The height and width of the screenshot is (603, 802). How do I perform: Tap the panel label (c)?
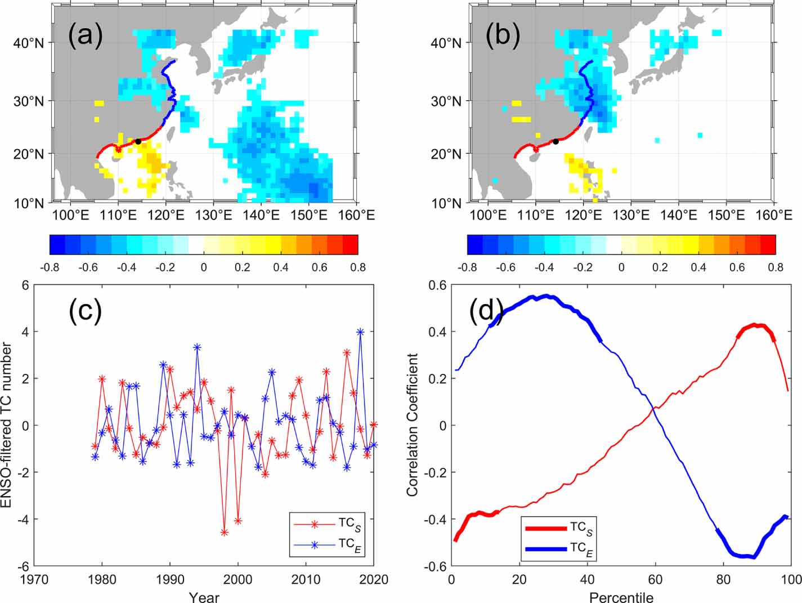click(85, 310)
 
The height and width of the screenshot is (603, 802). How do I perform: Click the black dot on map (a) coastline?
click(138, 141)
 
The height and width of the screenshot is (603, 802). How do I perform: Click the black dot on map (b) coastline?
click(555, 141)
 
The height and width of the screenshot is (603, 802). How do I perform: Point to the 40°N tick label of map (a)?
click(29, 43)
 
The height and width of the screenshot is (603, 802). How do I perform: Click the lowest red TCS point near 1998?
click(225, 532)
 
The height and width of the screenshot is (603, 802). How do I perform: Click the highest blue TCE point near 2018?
click(360, 332)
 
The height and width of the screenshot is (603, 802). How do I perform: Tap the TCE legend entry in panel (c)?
click(329, 544)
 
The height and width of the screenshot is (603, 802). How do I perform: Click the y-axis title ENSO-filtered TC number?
click(7, 426)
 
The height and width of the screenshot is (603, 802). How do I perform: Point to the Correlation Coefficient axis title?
click(413, 426)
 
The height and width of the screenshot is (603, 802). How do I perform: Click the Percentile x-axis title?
click(621, 596)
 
